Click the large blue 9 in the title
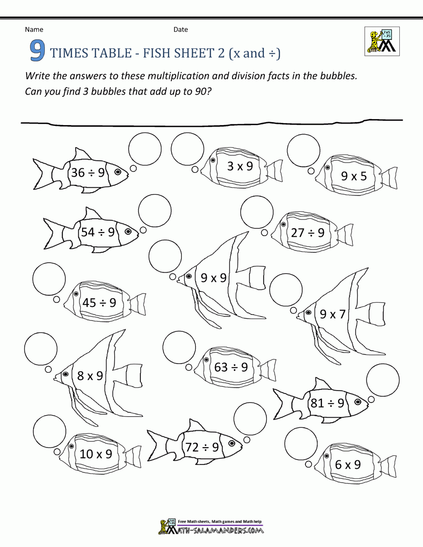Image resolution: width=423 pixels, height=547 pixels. click(37, 51)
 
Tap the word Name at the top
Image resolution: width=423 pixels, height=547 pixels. click(34, 30)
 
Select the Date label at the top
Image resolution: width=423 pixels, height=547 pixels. click(181, 30)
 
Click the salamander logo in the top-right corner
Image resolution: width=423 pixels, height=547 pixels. click(382, 41)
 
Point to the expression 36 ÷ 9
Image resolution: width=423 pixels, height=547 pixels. click(88, 172)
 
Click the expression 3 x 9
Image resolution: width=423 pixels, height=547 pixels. click(240, 166)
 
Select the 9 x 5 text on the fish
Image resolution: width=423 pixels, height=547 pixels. click(354, 176)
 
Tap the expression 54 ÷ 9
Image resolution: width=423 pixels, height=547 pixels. click(98, 232)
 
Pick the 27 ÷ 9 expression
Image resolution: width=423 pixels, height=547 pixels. click(308, 233)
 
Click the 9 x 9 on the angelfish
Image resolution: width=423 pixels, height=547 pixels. click(214, 278)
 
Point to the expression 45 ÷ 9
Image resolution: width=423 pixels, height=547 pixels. click(99, 303)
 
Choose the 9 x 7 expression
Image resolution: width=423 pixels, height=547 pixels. click(332, 314)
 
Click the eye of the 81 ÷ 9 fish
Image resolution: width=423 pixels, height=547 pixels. click(358, 402)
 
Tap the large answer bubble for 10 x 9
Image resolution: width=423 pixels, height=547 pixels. click(49, 432)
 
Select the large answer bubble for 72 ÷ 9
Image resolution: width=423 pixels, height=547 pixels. click(250, 418)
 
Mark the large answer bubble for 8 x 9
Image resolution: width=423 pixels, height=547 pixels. click(41, 349)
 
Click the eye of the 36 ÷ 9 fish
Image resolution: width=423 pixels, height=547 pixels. click(118, 172)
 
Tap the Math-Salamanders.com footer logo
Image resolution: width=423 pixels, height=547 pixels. click(211, 527)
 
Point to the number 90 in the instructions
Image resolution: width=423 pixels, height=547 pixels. click(201, 91)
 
